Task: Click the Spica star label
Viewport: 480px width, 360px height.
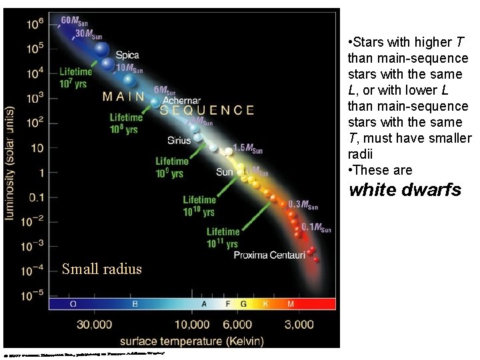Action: [127, 55]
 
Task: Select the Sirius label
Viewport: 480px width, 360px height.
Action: [179, 141]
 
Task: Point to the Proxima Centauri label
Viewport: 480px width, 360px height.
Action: [269, 255]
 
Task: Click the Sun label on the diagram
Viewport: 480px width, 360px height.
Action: [225, 172]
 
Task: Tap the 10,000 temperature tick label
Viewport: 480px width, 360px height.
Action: [191, 325]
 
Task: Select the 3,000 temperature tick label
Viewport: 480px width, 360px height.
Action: [299, 325]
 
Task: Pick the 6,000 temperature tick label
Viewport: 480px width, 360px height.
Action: [237, 325]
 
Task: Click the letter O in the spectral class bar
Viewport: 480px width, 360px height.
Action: [73, 304]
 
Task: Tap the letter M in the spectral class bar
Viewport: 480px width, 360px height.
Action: [290, 304]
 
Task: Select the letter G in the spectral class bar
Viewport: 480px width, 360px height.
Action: [243, 304]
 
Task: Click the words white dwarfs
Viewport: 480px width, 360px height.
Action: [405, 190]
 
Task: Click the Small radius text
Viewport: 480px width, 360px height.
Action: [101, 269]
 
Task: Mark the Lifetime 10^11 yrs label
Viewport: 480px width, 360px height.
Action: [223, 238]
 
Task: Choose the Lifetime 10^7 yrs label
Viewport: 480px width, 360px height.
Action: [76, 78]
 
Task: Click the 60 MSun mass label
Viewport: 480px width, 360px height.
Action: [74, 21]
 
